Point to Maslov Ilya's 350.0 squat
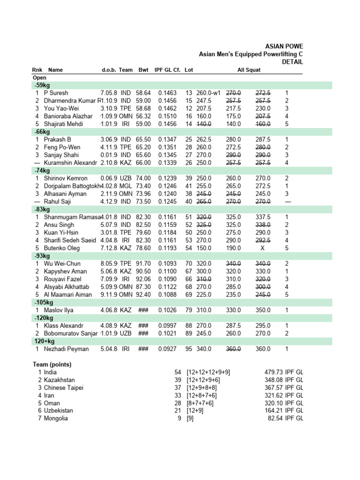[263, 310]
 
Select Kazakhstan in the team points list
[59, 380]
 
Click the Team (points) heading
[52, 364]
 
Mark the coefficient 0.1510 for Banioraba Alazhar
[167, 116]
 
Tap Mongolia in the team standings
[56, 418]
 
